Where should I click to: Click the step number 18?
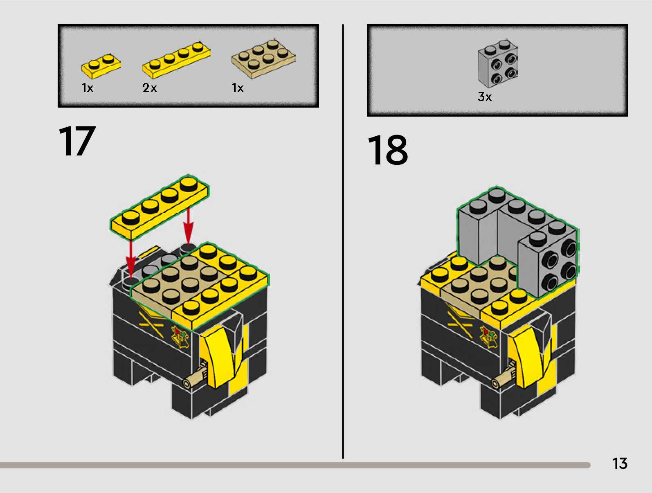click(x=387, y=150)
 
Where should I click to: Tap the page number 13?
click(x=619, y=464)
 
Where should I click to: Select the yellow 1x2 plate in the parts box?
click(x=101, y=65)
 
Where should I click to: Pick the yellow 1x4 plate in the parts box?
click(x=176, y=59)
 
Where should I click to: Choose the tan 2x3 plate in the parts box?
click(x=263, y=58)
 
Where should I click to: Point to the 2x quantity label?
click(x=150, y=88)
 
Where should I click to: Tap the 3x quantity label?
click(x=485, y=97)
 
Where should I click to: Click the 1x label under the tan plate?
click(x=238, y=88)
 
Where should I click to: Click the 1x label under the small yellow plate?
click(x=87, y=88)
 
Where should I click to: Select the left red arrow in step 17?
click(x=130, y=258)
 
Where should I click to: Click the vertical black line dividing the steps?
click(x=343, y=241)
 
